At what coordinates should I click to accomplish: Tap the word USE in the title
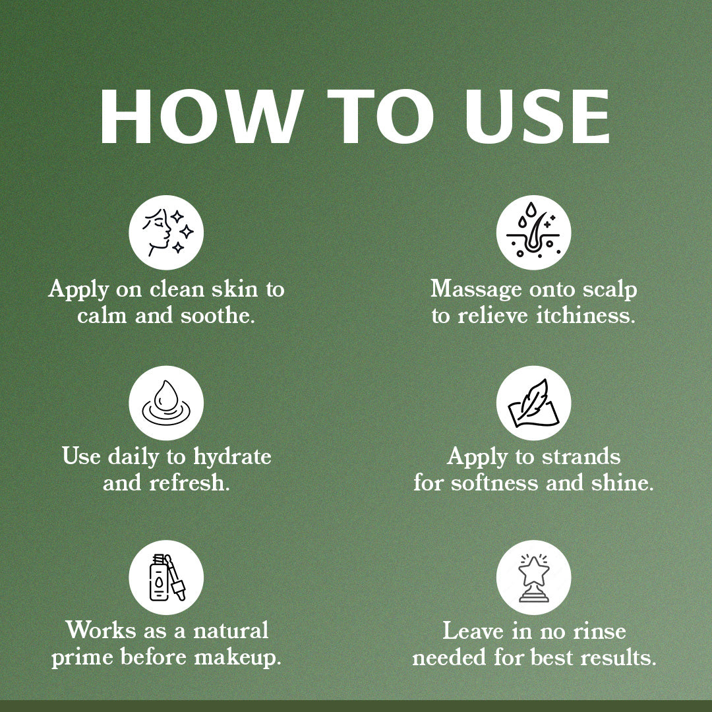click(537, 117)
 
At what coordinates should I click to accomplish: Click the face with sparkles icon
click(166, 233)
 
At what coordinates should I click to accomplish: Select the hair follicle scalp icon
click(533, 233)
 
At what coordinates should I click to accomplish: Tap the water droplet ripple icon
click(166, 403)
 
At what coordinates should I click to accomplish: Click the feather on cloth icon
click(533, 403)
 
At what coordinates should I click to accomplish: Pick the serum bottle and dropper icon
click(166, 577)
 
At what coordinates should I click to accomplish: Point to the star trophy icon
click(533, 577)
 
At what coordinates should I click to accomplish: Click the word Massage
click(476, 290)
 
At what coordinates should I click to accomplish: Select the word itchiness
click(585, 316)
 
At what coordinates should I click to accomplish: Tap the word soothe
click(218, 316)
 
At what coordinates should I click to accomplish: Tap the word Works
click(101, 631)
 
